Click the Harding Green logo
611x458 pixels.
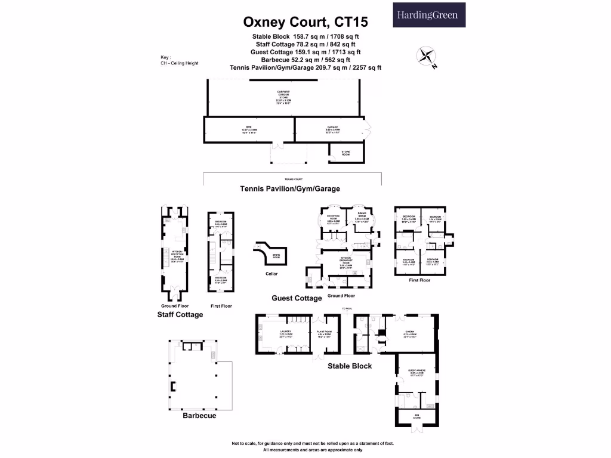(x=429, y=15)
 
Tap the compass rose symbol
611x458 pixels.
(x=425, y=56)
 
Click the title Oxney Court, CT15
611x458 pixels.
(x=305, y=23)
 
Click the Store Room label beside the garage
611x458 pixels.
(x=345, y=153)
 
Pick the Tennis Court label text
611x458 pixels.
(x=293, y=179)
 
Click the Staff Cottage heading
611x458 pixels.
(x=180, y=314)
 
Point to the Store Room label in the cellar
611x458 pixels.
(x=276, y=256)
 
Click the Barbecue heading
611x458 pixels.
(x=199, y=416)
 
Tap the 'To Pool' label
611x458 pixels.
(x=347, y=309)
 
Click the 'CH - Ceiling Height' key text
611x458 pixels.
(x=179, y=63)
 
